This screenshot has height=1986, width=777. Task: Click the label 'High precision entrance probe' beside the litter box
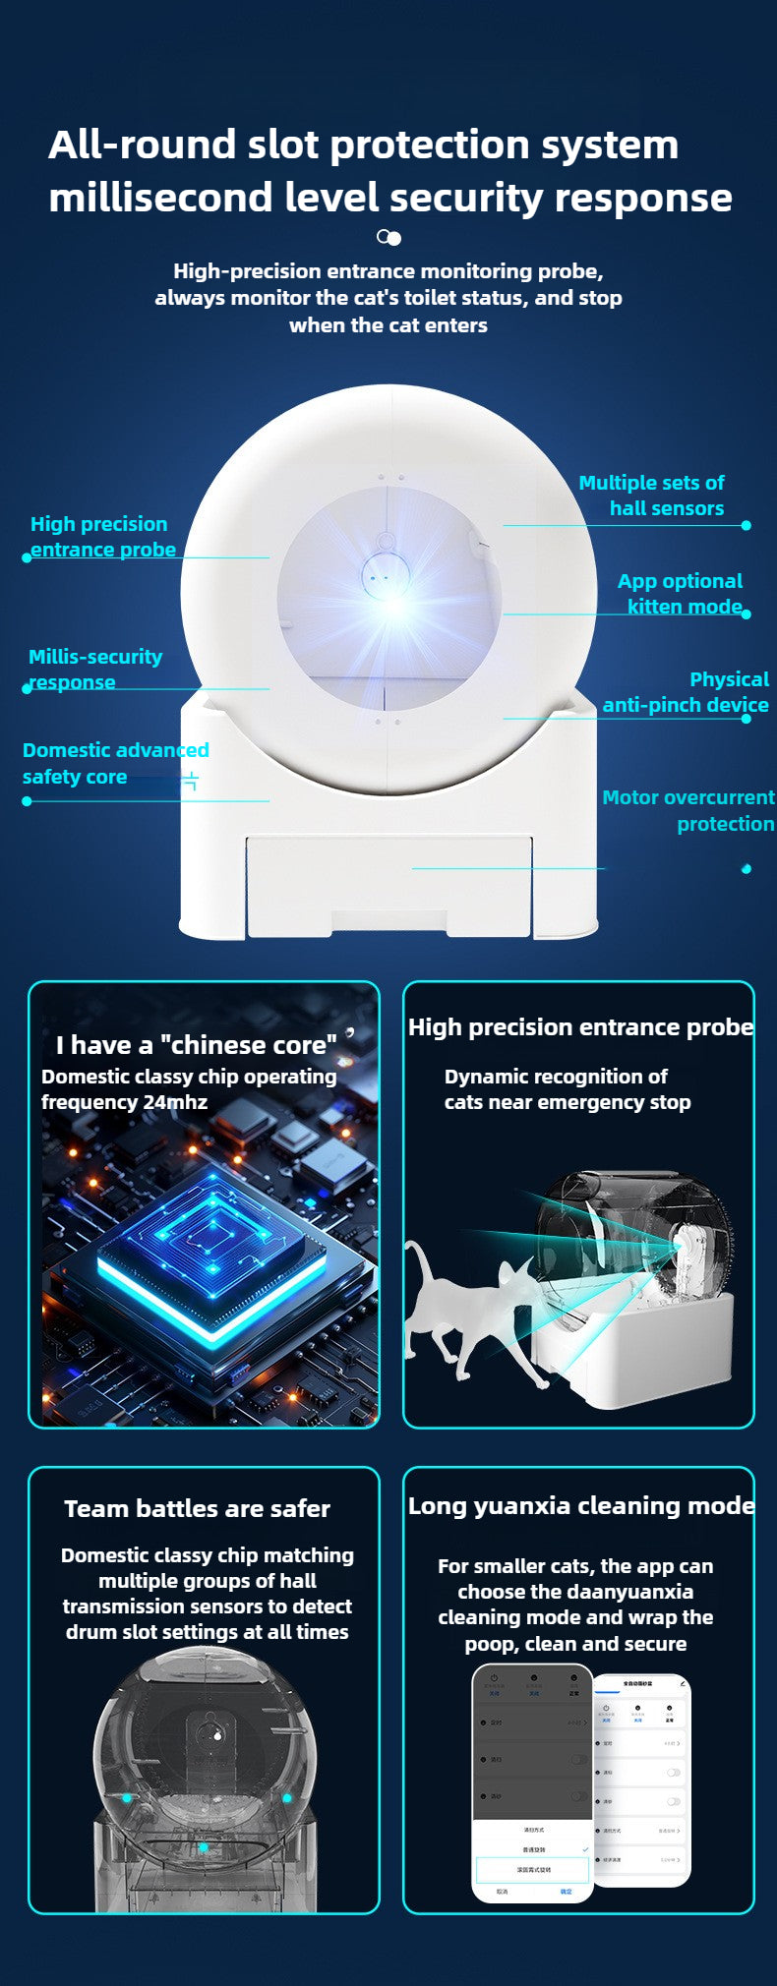point(102,537)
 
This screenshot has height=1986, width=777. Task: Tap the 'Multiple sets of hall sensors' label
point(652,496)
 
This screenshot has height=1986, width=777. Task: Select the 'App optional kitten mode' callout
point(681,594)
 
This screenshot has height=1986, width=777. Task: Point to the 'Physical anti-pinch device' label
point(687,692)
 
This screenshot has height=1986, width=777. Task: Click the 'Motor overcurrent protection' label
point(688,810)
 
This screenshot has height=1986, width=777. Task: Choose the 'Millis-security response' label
point(94,669)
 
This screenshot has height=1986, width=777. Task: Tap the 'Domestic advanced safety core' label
point(115,763)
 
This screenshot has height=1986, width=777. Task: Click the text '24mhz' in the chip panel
point(175,1102)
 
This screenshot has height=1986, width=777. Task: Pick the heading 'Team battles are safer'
point(197,1508)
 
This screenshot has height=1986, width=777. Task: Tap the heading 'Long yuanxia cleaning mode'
point(581,1505)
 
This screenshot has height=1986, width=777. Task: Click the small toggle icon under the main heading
point(388,237)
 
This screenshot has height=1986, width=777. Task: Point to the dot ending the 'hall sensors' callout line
point(746,525)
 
